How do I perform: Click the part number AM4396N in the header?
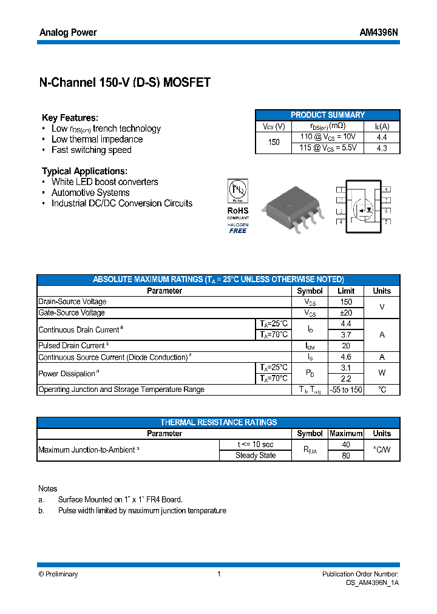click(379, 33)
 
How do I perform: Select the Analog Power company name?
click(68, 33)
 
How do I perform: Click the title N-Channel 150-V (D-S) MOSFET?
click(124, 83)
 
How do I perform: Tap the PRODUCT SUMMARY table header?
click(328, 115)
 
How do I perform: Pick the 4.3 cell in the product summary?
click(382, 148)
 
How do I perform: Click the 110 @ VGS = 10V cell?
click(328, 137)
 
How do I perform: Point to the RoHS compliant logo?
click(238, 198)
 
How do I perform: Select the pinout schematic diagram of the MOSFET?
click(363, 205)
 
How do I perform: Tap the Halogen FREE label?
click(238, 228)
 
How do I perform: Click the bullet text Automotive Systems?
click(90, 193)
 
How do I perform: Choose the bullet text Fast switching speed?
click(91, 150)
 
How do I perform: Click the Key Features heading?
click(70, 118)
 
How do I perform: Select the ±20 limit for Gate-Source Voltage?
click(345, 313)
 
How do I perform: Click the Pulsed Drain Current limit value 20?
click(345, 346)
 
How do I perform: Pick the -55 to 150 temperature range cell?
click(345, 390)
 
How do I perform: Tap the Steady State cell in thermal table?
click(256, 456)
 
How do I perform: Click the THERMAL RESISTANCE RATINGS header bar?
click(218, 422)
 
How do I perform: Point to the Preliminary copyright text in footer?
click(58, 574)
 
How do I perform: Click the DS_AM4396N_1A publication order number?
click(368, 582)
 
